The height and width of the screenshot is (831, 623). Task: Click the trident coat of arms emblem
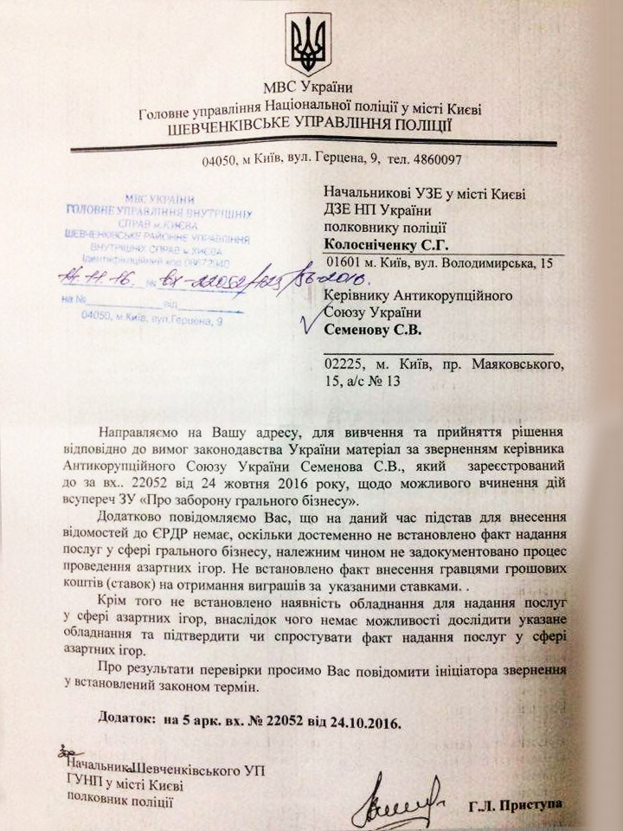[x=309, y=44]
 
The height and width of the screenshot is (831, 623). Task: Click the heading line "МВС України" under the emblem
[x=309, y=87]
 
